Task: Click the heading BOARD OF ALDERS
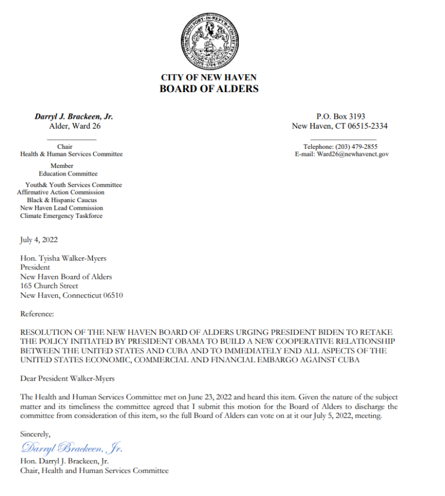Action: click(209, 89)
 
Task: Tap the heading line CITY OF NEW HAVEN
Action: click(209, 78)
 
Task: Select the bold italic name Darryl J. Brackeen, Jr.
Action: click(74, 116)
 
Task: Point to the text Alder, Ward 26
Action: click(74, 126)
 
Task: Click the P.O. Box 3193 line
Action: click(340, 116)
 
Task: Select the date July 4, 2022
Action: click(39, 239)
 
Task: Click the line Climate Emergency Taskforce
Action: click(61, 216)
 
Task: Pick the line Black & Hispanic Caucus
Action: click(61, 200)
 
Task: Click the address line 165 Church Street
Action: click(49, 286)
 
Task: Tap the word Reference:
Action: click(37, 313)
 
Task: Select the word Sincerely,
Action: click(35, 433)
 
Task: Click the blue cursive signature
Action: click(72, 448)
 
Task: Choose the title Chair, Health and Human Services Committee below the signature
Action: click(94, 471)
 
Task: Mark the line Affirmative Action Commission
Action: click(61, 192)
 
